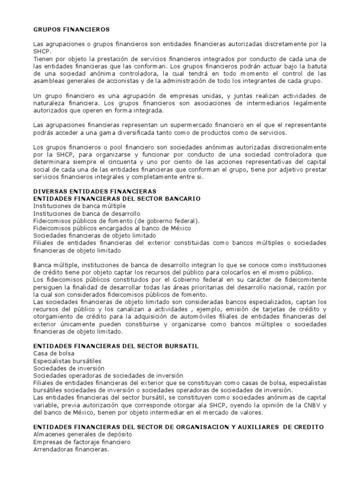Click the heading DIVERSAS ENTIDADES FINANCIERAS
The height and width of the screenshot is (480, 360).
(x=92, y=192)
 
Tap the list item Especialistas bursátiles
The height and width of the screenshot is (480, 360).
(x=67, y=361)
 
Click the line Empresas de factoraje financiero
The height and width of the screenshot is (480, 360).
(x=82, y=442)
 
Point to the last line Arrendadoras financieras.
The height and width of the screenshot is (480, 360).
(x=71, y=450)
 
